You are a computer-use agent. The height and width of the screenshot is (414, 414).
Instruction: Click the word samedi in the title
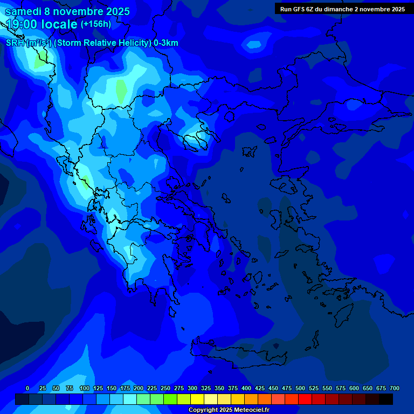23,11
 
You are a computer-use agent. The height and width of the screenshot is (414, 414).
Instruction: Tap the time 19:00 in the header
24,24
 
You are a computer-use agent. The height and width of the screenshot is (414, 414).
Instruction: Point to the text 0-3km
165,43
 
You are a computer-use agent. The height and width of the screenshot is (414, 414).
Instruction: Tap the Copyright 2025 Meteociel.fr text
229,410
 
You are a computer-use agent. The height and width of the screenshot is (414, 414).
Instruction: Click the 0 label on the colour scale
27,388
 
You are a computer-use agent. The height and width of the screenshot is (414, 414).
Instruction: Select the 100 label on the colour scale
85,388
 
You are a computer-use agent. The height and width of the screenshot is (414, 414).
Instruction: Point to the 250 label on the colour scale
165,388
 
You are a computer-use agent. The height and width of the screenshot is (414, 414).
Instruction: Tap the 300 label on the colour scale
192,388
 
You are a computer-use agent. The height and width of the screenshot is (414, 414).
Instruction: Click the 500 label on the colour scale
300,388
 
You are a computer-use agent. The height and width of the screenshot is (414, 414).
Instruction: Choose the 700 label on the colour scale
395,388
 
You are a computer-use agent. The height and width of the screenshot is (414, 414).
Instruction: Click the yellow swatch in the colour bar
197,399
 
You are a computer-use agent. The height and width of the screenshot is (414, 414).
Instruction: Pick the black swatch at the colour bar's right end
386,399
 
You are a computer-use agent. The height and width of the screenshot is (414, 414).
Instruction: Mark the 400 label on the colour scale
246,388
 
